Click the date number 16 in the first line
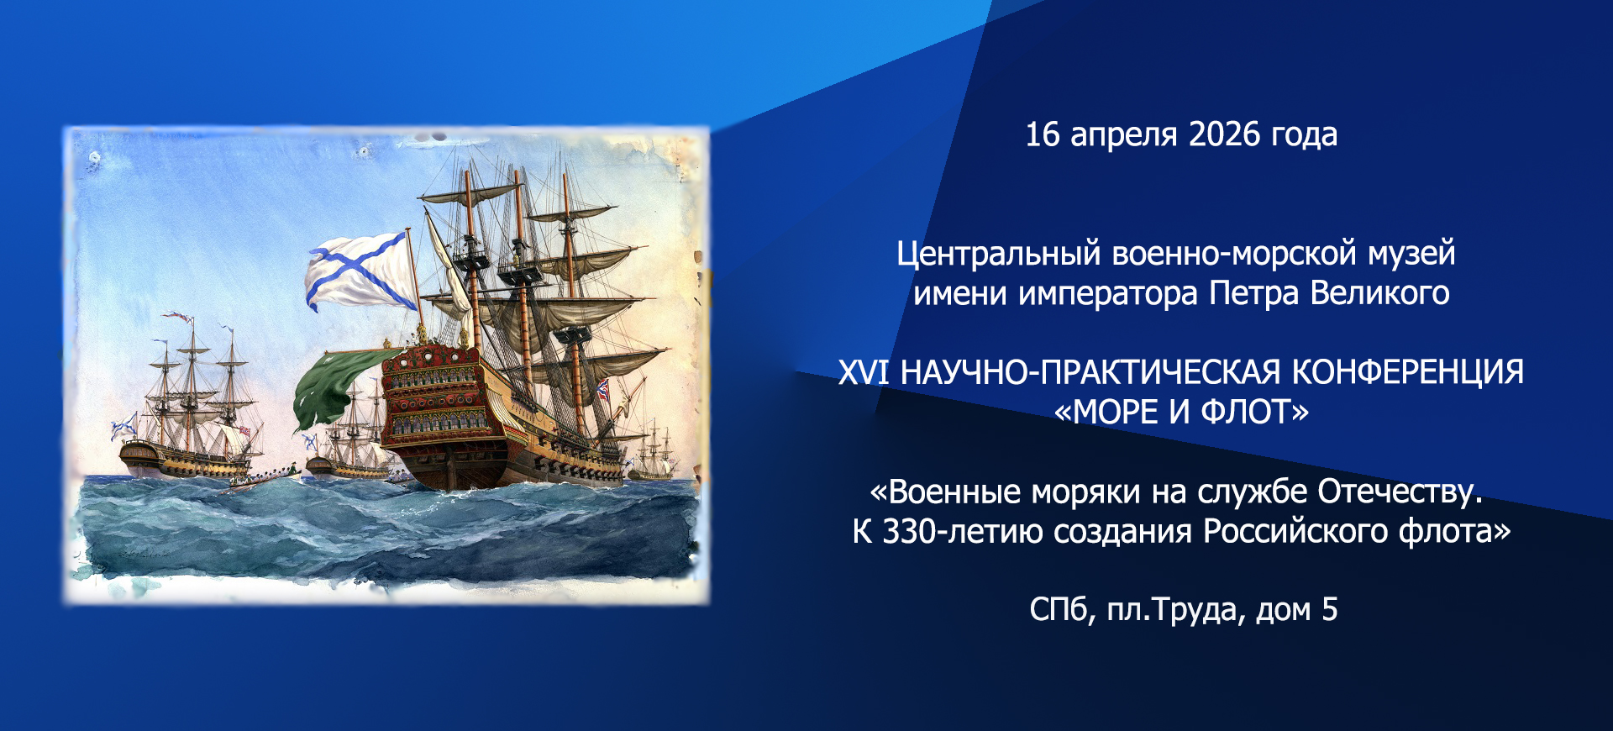(x=1043, y=134)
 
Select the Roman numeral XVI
(x=864, y=372)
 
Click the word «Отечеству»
(x=1400, y=492)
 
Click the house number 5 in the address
(x=1330, y=610)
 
